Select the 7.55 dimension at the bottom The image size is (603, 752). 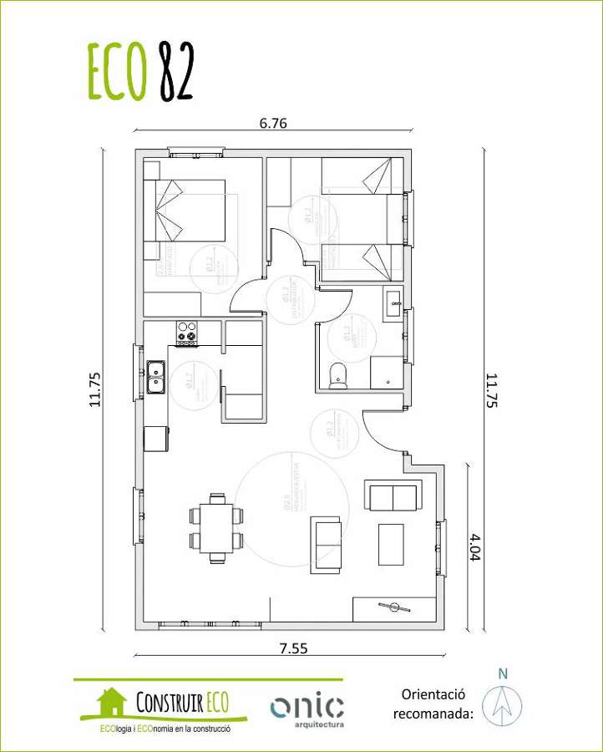coord(288,647)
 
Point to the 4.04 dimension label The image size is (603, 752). coord(475,546)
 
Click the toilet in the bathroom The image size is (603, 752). coord(338,375)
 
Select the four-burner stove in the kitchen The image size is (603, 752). coord(186,333)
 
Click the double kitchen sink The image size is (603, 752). coord(155,377)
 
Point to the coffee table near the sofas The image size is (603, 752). coord(391,544)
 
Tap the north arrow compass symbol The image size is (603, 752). coord(502,704)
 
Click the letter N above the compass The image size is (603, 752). coord(502,673)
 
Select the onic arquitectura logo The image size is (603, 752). coord(307,709)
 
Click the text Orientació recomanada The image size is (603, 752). coord(433,704)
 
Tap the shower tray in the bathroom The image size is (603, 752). coord(387,372)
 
